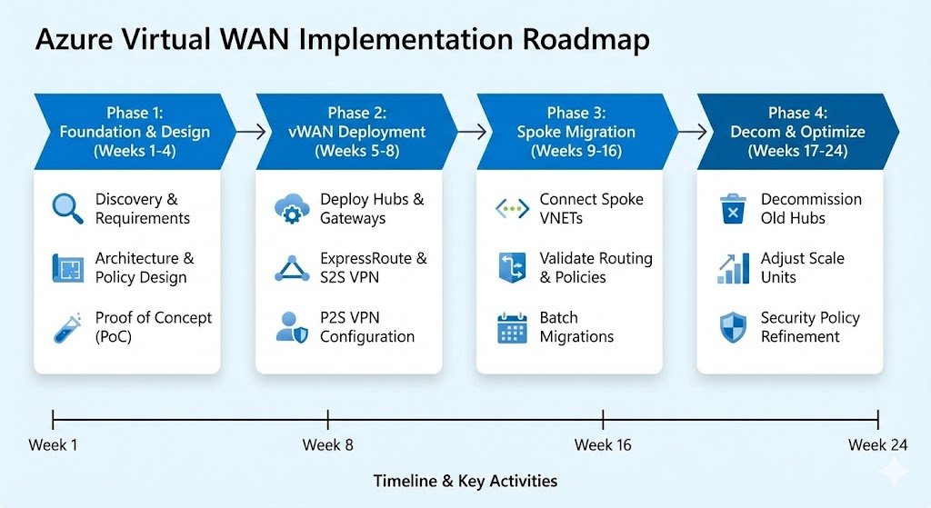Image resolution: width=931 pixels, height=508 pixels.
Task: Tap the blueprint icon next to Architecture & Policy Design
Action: tap(68, 268)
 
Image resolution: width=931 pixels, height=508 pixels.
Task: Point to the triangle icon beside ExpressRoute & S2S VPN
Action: tap(292, 268)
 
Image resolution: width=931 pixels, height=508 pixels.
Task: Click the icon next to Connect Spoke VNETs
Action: tap(512, 209)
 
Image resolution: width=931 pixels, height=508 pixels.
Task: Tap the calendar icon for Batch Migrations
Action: tap(512, 327)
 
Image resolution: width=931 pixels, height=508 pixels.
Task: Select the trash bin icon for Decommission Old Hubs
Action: tap(732, 209)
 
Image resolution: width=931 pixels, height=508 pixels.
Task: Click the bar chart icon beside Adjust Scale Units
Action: tap(732, 268)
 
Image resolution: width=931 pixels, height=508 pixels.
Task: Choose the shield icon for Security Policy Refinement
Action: tap(732, 327)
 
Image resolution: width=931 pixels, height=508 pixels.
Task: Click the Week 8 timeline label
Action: tap(327, 444)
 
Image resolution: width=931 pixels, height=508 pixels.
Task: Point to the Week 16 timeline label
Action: tap(602, 444)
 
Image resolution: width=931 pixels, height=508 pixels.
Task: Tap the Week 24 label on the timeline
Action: tap(876, 444)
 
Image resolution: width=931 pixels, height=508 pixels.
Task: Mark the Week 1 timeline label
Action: tap(53, 444)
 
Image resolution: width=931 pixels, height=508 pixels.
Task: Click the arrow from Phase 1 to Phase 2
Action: tap(245, 132)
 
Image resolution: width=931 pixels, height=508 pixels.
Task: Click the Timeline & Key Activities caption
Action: tap(465, 481)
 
